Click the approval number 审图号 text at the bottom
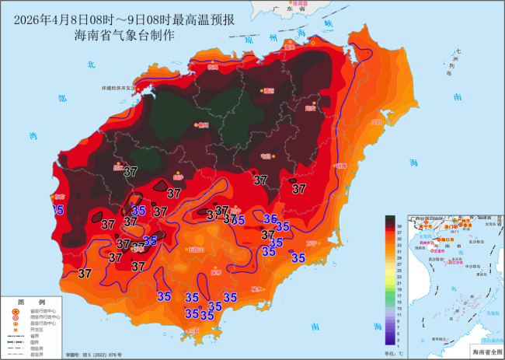[93, 355]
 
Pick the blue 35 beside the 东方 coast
[57, 210]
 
